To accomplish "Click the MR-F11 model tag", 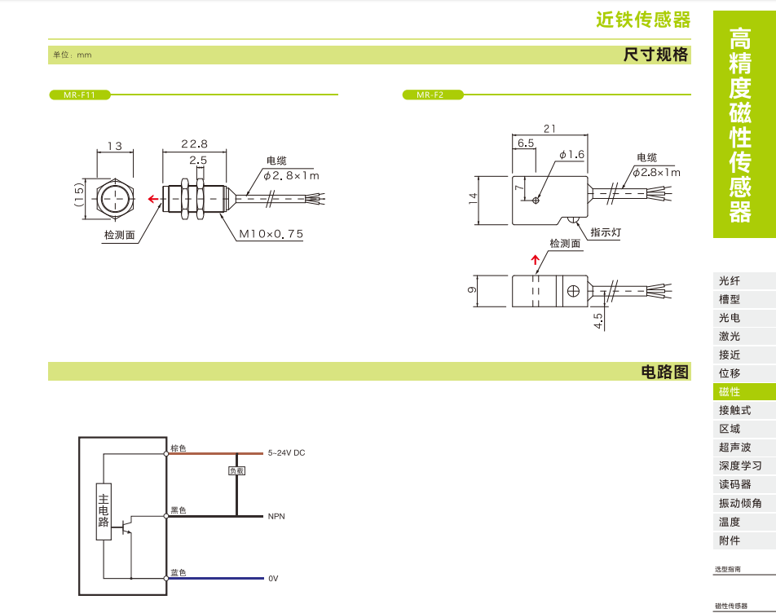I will point(79,95).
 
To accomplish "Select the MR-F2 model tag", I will point(432,95).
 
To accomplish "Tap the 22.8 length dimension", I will point(194,143).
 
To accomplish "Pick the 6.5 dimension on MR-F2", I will point(525,143).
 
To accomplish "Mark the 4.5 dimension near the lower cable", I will point(598,320).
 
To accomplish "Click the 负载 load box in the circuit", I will point(236,471).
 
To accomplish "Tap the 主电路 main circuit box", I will point(104,510).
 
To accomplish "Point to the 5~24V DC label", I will point(286,452).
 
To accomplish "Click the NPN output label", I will point(276,516).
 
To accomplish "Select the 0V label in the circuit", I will point(273,578).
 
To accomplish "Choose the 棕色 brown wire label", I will point(178,448).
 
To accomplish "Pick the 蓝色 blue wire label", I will point(178,573).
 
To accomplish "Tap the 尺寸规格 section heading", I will point(655,55).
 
